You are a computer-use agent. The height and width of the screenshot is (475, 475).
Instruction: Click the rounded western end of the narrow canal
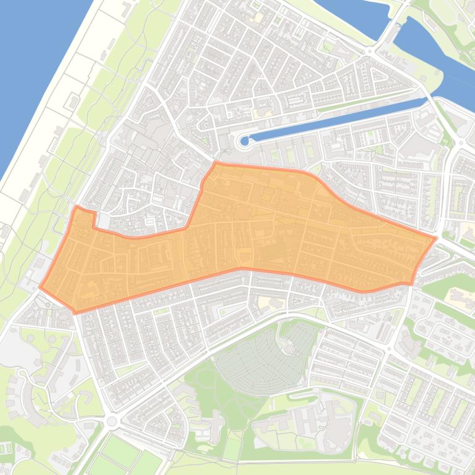245,141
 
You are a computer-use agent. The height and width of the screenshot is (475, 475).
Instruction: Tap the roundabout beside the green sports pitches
112,421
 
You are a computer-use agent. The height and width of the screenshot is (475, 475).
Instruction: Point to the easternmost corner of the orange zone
436,238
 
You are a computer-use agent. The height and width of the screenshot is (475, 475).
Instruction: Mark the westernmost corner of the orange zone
41,287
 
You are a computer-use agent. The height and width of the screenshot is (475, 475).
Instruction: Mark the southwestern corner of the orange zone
76,312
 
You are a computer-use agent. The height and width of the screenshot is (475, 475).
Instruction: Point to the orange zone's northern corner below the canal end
215,163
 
